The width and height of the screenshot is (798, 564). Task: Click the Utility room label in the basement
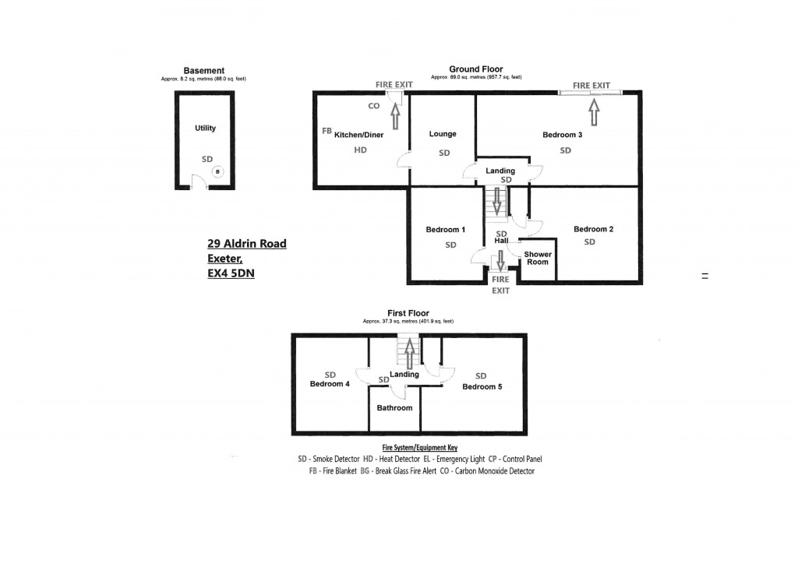(x=206, y=128)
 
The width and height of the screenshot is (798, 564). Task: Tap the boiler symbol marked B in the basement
(x=217, y=171)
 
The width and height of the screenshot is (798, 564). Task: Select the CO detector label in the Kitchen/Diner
(x=374, y=107)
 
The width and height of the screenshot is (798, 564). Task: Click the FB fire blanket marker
(x=327, y=131)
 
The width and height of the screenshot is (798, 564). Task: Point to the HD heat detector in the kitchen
(x=360, y=150)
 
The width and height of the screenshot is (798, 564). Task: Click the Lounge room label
(x=443, y=134)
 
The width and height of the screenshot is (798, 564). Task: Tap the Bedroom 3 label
(x=562, y=135)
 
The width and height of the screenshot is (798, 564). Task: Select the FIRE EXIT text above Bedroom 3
(x=591, y=86)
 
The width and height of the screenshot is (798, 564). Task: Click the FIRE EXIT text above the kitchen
(x=394, y=85)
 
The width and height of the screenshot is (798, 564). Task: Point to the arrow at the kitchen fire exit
(x=395, y=115)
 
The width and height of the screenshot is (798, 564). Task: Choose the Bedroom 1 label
(x=446, y=230)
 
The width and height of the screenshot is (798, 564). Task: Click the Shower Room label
(x=538, y=258)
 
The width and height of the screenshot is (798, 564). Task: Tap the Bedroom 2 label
(x=594, y=229)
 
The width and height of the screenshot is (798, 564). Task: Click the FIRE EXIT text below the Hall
(x=500, y=284)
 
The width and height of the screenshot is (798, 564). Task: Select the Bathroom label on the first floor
(x=394, y=407)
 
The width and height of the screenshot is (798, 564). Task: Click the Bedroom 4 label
(x=330, y=384)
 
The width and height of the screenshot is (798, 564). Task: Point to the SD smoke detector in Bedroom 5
(x=481, y=375)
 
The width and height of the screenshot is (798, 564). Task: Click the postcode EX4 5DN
(x=231, y=273)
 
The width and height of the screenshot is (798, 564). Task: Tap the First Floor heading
(x=408, y=313)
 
